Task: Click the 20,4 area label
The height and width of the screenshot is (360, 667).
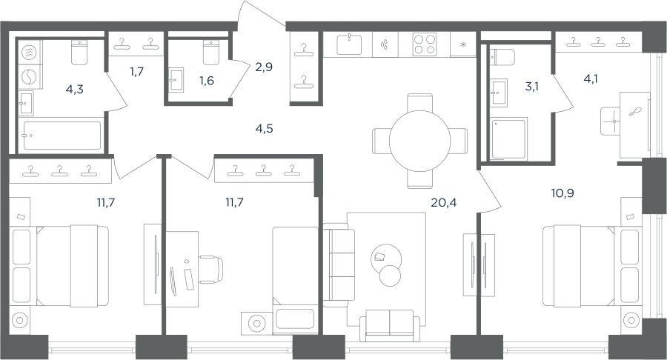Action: click(x=444, y=203)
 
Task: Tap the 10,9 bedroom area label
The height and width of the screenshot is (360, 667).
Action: click(x=563, y=193)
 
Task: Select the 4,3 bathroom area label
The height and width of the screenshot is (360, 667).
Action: click(x=74, y=89)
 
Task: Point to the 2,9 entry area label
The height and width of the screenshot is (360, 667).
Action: click(x=264, y=67)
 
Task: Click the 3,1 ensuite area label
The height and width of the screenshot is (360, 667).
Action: click(x=531, y=87)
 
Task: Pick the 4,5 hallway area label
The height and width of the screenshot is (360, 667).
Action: click(x=264, y=128)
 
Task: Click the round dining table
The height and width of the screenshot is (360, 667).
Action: click(x=419, y=141)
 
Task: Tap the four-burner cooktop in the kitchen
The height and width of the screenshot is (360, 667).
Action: click(x=425, y=44)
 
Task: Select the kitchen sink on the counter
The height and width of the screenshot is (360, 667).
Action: click(x=349, y=44)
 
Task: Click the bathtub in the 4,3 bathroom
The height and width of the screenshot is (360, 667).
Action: click(x=62, y=136)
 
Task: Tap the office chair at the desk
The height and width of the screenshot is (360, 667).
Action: click(x=212, y=270)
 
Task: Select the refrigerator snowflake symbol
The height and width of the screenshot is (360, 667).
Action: click(x=463, y=44)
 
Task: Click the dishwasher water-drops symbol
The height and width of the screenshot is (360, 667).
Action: click(x=385, y=44)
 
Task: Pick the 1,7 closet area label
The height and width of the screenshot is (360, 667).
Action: click(x=136, y=71)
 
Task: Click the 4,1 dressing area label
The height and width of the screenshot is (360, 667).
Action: click(x=591, y=79)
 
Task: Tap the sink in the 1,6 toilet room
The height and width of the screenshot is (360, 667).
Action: click(x=176, y=79)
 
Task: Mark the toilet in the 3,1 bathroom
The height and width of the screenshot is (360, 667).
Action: click(x=502, y=57)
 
